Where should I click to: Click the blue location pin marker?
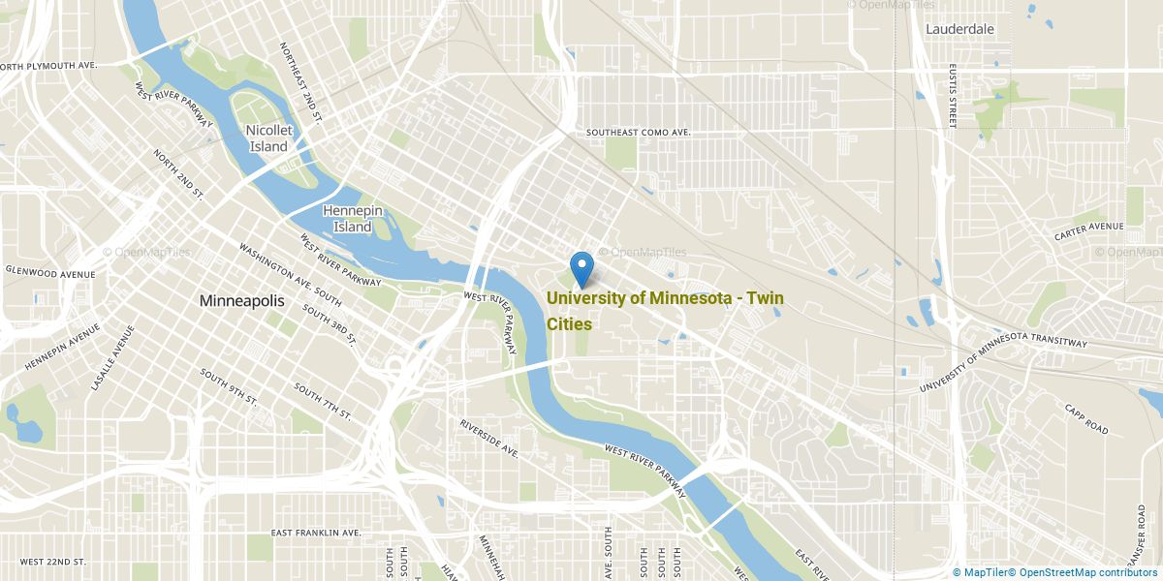tap(581, 266)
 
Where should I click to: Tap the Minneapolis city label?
tap(241, 301)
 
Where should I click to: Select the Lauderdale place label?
tap(959, 29)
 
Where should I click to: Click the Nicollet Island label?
tap(268, 138)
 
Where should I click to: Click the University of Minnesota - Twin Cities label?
tap(665, 310)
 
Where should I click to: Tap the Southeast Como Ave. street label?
tap(638, 132)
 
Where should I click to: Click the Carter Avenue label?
tap(1088, 231)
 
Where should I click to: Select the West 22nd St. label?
tap(52, 562)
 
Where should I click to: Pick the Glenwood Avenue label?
tap(50, 273)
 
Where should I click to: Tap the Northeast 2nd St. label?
tap(299, 81)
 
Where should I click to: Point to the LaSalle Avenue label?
tap(110, 357)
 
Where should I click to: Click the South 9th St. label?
tap(229, 385)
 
